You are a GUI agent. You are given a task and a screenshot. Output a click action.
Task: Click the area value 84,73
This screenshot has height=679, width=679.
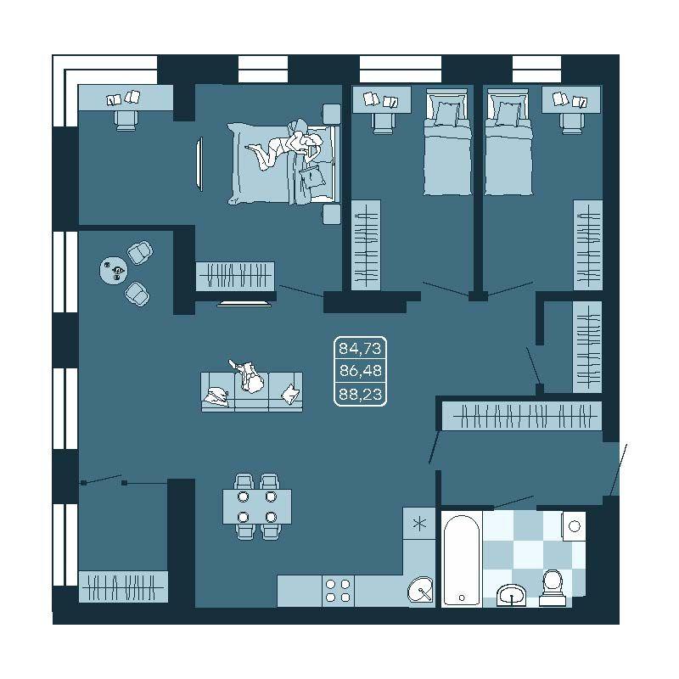360,348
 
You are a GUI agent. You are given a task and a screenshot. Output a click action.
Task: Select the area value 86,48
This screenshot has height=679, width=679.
360,371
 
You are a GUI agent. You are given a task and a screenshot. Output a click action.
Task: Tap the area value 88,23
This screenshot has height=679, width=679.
360,394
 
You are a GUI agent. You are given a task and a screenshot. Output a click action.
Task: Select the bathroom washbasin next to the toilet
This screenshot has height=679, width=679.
512,595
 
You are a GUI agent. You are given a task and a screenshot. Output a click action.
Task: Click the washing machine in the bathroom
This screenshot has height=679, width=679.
574,525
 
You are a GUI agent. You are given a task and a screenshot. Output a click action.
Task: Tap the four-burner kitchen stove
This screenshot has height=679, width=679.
338,591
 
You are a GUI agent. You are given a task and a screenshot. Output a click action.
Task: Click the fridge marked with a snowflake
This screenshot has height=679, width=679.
418,524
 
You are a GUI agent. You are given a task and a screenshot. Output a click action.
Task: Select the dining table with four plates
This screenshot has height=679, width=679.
257,506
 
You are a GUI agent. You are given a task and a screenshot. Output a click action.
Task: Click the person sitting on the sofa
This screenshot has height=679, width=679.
248,376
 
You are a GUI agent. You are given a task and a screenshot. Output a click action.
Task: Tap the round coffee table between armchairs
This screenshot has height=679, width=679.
114,271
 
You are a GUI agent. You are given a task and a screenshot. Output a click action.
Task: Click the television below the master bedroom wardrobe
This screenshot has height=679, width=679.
244,304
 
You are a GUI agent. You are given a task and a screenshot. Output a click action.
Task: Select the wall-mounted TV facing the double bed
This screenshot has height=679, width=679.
199,164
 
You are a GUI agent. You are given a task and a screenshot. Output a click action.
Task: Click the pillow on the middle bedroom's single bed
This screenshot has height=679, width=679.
447,114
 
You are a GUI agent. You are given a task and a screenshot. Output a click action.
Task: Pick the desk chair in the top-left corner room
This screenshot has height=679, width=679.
126,121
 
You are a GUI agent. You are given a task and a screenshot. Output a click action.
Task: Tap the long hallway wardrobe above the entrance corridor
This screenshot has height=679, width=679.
522,416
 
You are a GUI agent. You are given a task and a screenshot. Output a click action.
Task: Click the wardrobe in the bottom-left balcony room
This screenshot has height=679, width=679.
123,586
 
